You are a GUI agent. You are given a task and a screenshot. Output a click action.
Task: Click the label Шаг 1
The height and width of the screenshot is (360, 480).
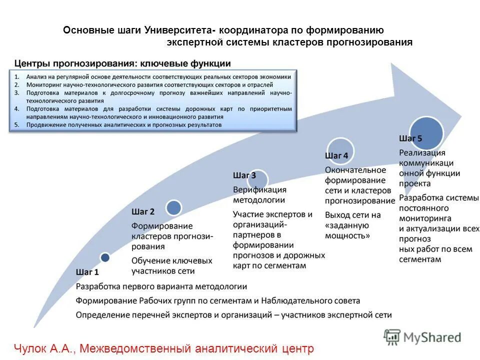(x=87, y=272)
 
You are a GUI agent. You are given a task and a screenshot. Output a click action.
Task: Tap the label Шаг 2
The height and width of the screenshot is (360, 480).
(x=143, y=212)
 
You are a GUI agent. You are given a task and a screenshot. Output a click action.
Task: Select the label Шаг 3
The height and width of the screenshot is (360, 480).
(x=244, y=175)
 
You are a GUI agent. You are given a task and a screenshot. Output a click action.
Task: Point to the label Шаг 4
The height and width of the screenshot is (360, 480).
(x=336, y=156)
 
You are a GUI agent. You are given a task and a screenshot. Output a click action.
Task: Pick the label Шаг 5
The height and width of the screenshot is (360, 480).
(x=410, y=138)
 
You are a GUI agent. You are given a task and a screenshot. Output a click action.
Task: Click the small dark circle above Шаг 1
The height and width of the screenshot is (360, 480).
(x=105, y=257)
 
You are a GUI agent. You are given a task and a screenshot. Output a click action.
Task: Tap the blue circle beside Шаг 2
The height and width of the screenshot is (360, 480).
(x=173, y=207)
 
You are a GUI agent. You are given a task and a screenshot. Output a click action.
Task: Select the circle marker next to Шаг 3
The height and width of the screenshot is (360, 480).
(x=258, y=179)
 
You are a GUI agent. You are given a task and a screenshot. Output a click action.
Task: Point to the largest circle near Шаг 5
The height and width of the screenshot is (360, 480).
(x=426, y=133)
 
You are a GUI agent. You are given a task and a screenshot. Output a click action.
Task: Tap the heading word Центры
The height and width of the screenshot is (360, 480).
(x=32, y=63)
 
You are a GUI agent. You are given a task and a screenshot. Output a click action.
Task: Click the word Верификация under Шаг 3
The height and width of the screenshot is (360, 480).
(x=259, y=190)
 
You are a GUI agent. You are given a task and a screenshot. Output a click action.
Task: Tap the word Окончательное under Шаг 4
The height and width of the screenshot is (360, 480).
(x=355, y=170)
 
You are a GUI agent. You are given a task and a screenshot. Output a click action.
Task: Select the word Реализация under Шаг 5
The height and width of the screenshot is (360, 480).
(x=422, y=152)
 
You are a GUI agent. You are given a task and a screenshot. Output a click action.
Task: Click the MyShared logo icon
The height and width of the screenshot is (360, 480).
(x=392, y=337)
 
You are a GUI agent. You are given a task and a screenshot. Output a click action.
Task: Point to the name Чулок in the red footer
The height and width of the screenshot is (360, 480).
(x=29, y=348)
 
